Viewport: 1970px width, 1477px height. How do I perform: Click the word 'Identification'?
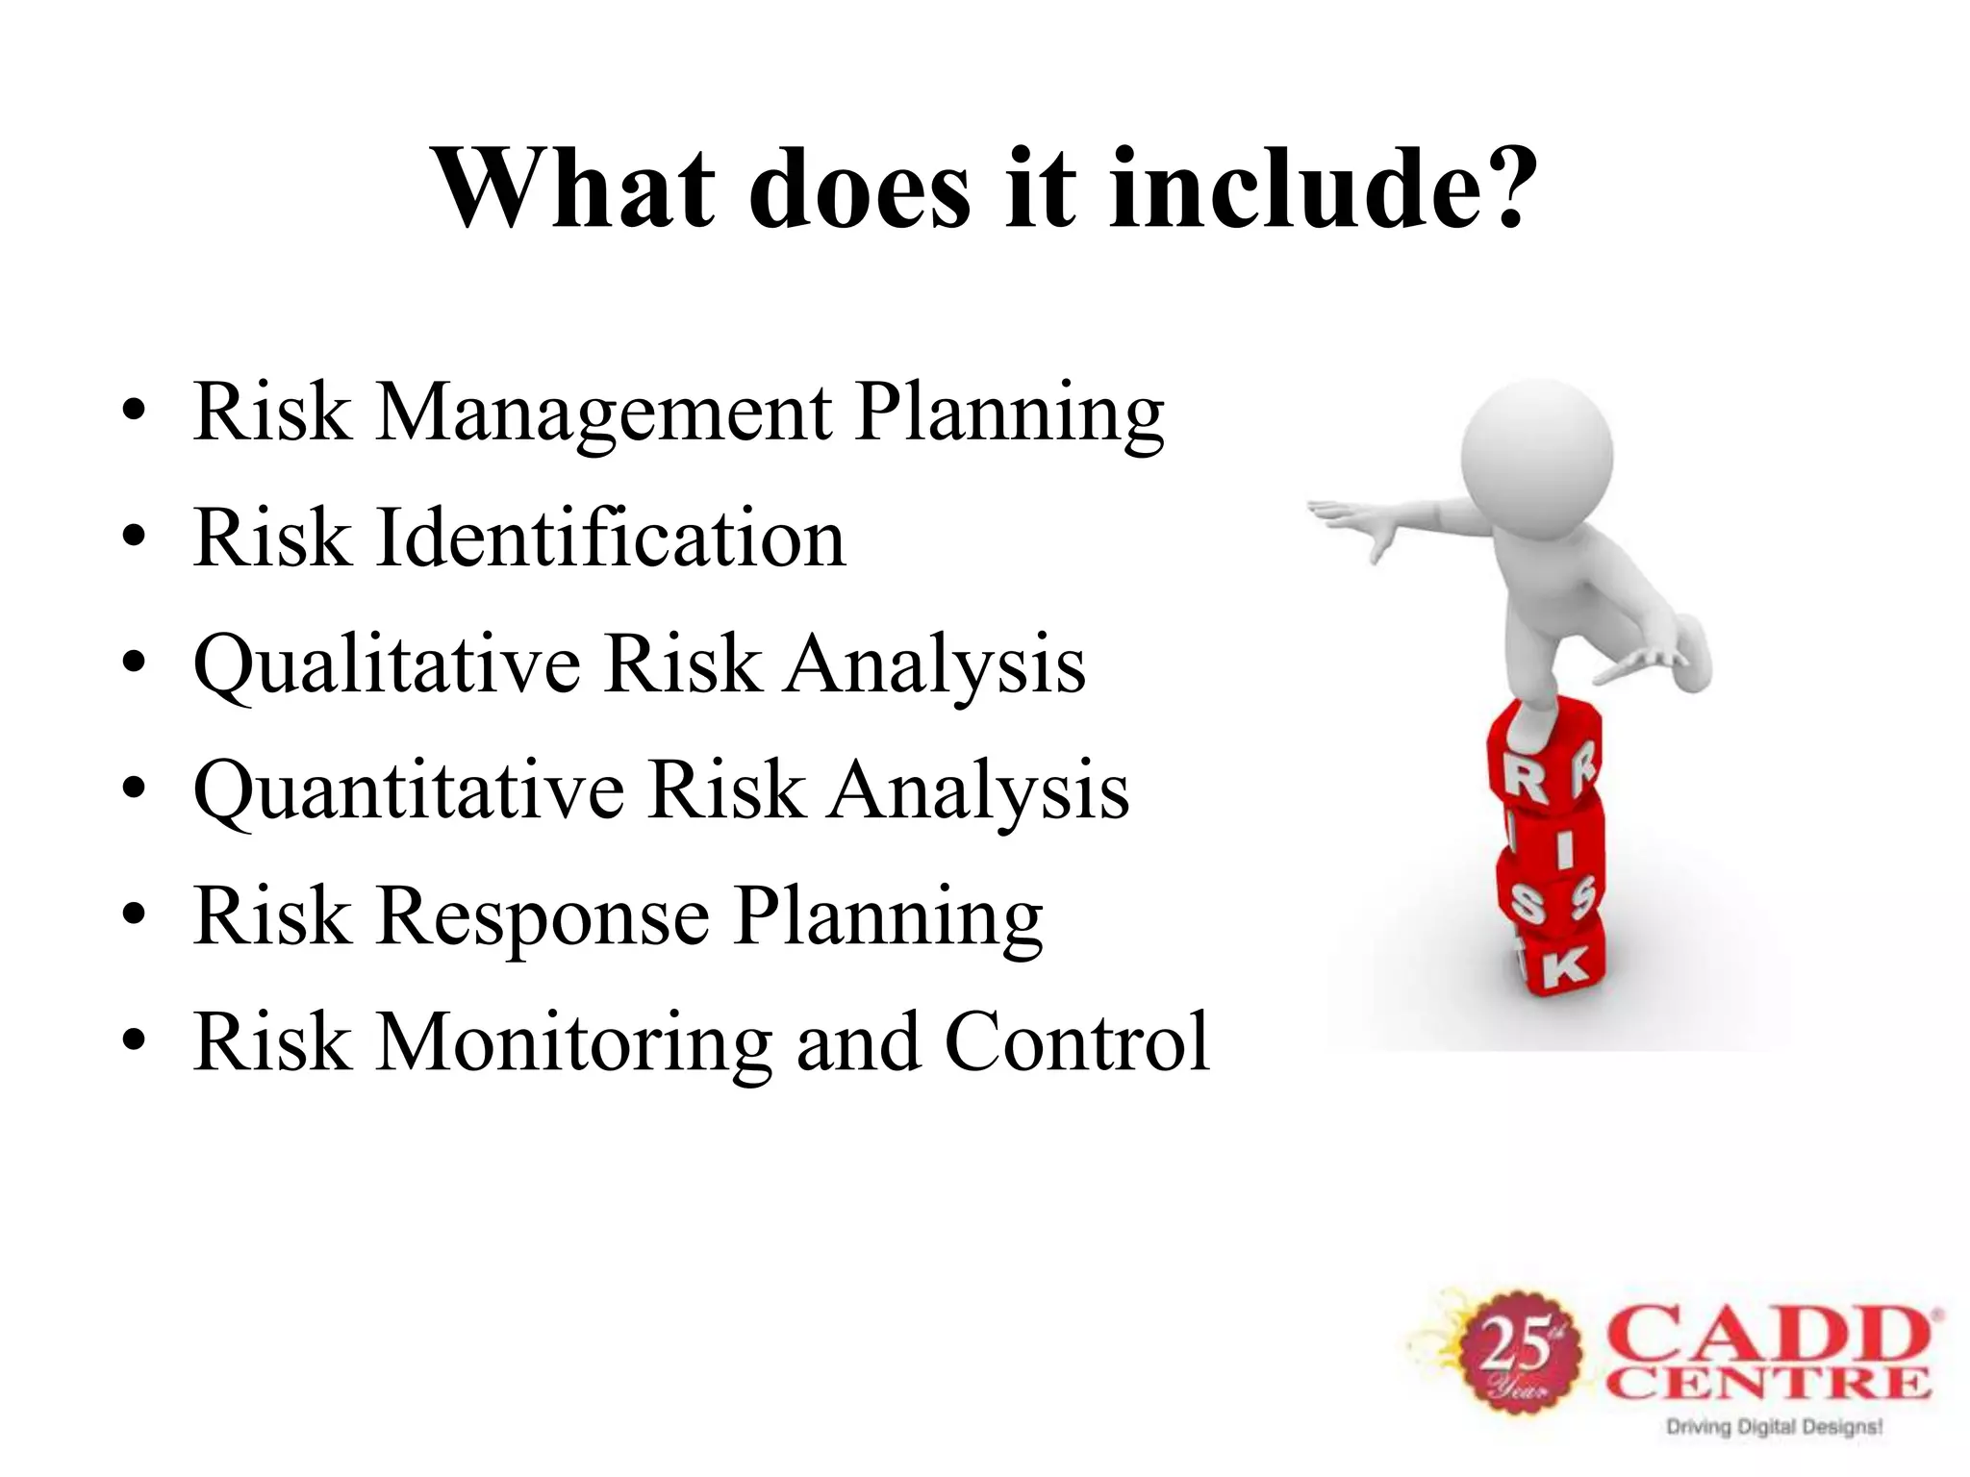[x=611, y=538]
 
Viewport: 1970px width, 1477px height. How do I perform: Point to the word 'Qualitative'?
[x=387, y=665]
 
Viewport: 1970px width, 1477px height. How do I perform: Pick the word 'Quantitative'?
[x=409, y=791]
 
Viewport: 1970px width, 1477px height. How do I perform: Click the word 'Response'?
[x=543, y=916]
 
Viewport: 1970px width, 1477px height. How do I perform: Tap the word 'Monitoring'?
[x=573, y=1042]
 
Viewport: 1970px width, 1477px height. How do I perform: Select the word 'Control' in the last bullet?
[x=1076, y=1042]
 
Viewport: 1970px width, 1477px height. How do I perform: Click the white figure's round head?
[x=1536, y=452]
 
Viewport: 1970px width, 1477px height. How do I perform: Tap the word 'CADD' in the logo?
[x=1770, y=1337]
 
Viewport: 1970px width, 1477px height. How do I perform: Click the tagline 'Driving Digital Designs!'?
[x=1773, y=1427]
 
